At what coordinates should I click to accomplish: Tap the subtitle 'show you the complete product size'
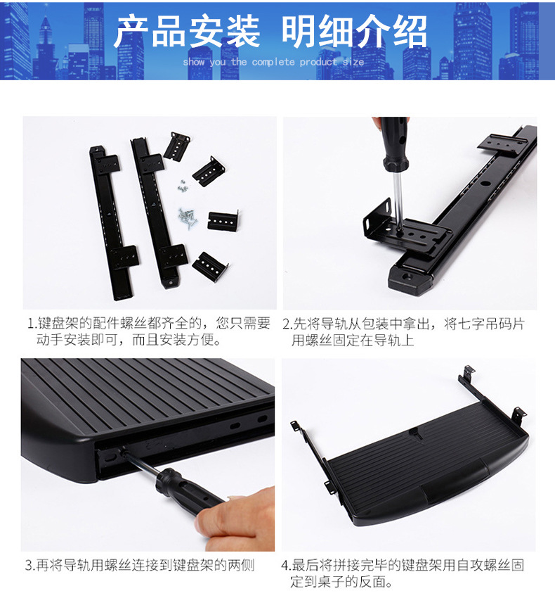[x=273, y=62]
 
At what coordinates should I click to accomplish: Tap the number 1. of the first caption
[x=32, y=324]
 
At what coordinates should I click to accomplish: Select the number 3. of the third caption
[x=30, y=565]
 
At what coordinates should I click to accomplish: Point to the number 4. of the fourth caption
[x=286, y=565]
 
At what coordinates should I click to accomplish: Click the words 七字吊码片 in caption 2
[x=492, y=324]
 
